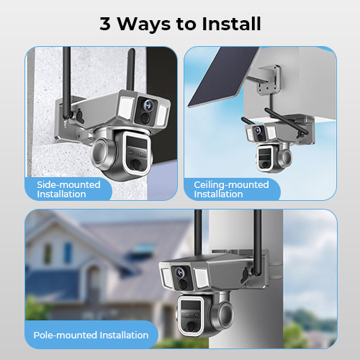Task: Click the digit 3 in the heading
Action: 105,24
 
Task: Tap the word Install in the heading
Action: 231,24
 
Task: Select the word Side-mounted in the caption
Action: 68,184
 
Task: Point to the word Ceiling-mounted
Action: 231,185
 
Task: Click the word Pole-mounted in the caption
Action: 65,335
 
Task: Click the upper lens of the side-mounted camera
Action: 148,104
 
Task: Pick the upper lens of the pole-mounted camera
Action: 180,272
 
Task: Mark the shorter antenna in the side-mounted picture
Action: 131,69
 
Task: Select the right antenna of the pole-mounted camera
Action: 257,243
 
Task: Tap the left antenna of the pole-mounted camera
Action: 198,233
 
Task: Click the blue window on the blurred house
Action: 68,253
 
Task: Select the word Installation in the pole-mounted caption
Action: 124,335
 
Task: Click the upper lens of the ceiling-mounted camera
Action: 258,130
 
